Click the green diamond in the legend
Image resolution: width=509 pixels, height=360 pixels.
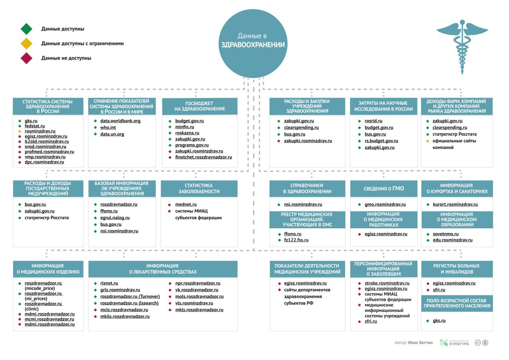click(26, 29)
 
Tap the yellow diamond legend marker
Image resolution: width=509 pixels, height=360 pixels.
click(26, 43)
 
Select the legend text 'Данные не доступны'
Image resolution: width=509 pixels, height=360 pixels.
click(66, 58)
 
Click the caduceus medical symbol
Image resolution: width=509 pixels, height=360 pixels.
click(462, 47)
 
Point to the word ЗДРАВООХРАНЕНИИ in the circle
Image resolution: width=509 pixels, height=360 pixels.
click(253, 45)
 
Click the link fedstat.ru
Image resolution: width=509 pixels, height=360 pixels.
click(35, 126)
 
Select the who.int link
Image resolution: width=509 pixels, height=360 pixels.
click(108, 128)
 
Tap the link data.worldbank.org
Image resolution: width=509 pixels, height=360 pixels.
click(120, 121)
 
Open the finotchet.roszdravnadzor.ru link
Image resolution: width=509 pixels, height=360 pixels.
click(204, 157)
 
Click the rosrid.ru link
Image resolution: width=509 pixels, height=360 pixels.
click(373, 121)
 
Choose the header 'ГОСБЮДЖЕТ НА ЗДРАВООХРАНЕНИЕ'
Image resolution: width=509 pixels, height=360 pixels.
click(200, 106)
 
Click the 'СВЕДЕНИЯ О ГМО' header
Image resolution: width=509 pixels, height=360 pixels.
click(384, 189)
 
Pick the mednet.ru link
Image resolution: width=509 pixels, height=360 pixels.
click(186, 204)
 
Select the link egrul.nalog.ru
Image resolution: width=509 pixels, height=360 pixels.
click(115, 218)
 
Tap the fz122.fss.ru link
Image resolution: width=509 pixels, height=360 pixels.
click(296, 240)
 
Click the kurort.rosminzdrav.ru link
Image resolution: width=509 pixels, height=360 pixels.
click(455, 204)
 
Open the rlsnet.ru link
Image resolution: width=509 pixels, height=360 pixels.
click(109, 283)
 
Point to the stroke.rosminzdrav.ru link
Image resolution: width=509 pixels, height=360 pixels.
click(387, 283)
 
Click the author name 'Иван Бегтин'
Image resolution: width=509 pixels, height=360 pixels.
click(420, 343)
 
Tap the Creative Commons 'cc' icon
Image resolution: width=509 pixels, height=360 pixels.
click(478, 343)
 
